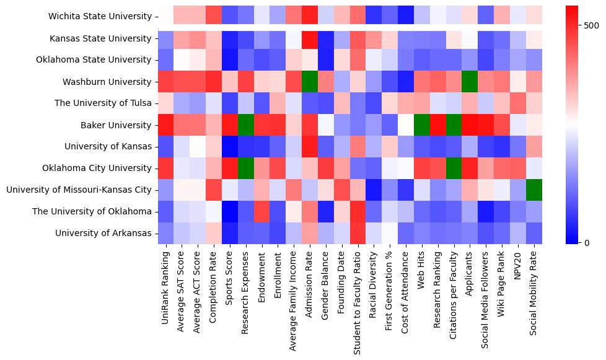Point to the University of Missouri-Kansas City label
79,190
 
